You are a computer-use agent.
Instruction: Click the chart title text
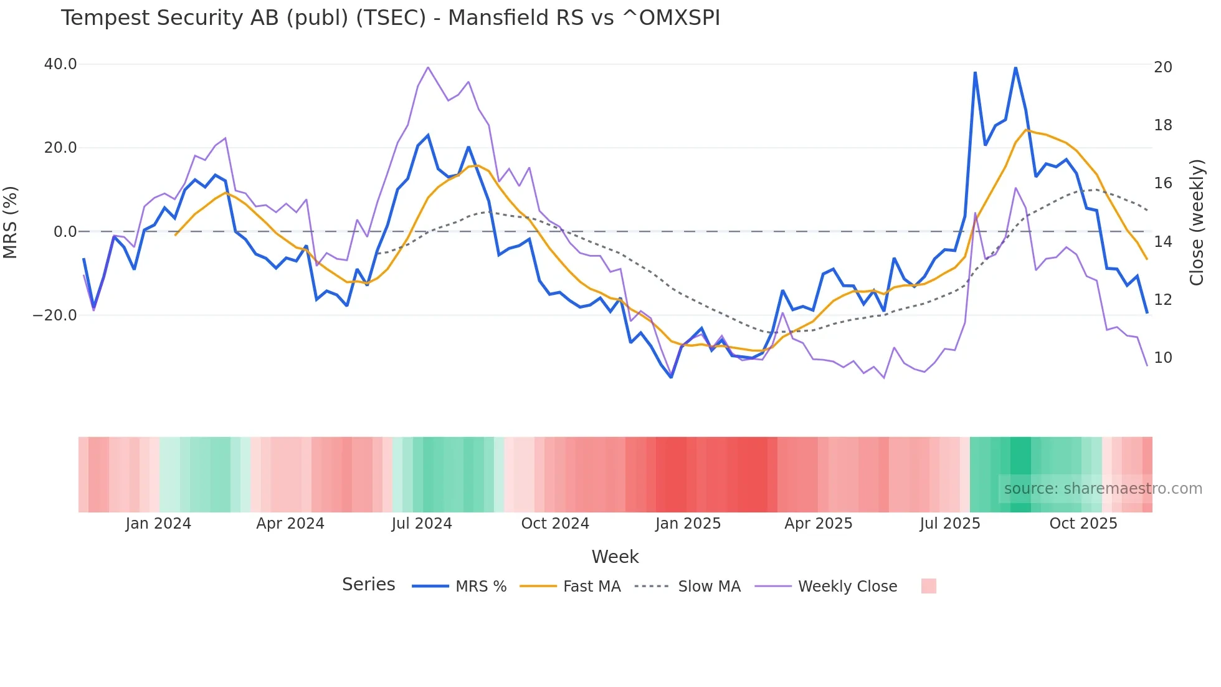(390, 18)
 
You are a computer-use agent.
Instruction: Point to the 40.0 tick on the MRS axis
(60, 64)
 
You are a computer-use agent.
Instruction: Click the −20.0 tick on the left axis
(55, 315)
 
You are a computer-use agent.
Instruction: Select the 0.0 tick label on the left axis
(65, 232)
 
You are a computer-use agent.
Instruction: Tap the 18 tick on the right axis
(1162, 125)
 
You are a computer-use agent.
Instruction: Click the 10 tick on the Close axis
(1162, 358)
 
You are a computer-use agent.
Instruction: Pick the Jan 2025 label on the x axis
(688, 524)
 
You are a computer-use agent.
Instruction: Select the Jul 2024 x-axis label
(422, 524)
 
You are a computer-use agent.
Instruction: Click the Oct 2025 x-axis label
(1083, 524)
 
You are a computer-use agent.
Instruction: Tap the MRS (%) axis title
(11, 222)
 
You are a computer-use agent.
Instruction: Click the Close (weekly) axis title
(1196, 223)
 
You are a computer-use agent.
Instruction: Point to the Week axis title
(615, 557)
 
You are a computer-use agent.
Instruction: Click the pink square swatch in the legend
(928, 586)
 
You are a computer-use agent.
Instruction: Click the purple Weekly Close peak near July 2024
(428, 67)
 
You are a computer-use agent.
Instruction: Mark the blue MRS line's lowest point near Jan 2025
(671, 377)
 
